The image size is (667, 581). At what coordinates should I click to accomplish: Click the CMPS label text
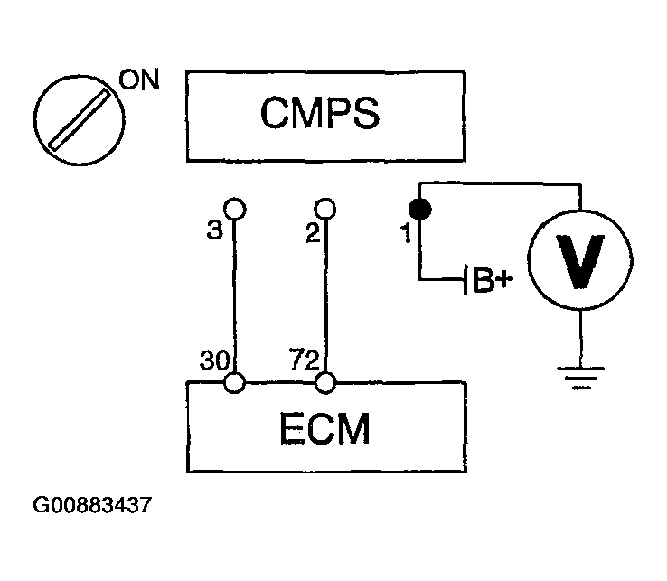tap(320, 112)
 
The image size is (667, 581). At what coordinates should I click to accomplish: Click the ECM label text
tap(325, 428)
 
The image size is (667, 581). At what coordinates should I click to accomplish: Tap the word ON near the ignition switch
tap(138, 80)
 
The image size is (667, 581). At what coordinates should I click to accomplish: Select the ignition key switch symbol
tap(80, 120)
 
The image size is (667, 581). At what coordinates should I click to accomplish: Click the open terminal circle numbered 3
tap(234, 209)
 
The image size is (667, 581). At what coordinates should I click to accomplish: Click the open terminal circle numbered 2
tap(325, 209)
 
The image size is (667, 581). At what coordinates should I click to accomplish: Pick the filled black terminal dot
tap(420, 210)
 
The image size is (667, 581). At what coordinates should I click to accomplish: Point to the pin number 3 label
tap(214, 230)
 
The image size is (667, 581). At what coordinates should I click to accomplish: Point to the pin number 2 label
tap(313, 233)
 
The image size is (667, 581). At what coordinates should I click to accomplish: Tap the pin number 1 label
tap(406, 233)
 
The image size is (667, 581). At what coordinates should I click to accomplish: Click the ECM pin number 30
tap(215, 361)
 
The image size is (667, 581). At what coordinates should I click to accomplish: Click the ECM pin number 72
tap(304, 360)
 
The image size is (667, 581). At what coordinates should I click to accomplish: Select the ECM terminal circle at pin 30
tap(234, 382)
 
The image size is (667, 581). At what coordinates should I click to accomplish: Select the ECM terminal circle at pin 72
tap(325, 382)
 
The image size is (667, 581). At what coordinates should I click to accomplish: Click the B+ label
tap(493, 280)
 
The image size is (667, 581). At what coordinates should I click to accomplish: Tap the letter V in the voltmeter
tap(580, 261)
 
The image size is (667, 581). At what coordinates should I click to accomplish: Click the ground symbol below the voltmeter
tap(580, 378)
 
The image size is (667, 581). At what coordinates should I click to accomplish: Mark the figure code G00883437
tap(92, 505)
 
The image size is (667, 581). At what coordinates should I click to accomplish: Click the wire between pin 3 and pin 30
tap(234, 295)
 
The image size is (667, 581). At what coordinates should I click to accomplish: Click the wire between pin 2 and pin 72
tap(326, 295)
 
